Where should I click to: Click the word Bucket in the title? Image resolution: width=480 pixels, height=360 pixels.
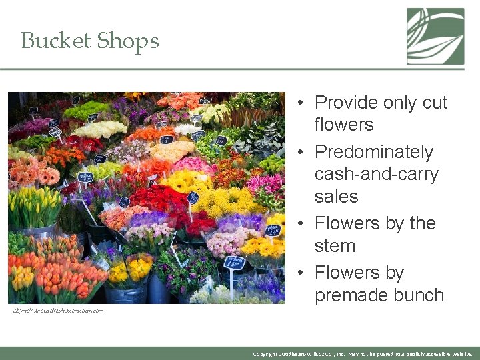(55, 41)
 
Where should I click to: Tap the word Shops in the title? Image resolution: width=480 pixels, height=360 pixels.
(127, 41)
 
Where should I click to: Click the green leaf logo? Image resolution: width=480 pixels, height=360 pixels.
(435, 36)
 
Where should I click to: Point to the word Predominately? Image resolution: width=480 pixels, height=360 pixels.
(373, 152)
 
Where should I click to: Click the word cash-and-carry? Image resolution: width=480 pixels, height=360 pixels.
(376, 175)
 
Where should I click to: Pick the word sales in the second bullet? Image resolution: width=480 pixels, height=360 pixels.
(336, 197)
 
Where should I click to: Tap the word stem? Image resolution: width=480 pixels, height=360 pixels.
(335, 246)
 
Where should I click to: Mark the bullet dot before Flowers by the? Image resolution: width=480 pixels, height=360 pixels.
(301, 224)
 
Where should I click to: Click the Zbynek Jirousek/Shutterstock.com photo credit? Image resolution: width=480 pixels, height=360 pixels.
(58, 311)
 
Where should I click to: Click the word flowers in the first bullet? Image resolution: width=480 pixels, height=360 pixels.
(343, 125)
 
